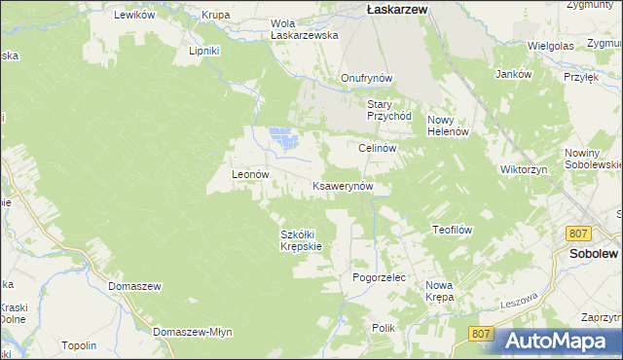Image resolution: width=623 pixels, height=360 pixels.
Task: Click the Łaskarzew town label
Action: coord(399,8)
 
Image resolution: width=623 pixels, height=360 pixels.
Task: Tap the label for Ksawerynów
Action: coord(342,185)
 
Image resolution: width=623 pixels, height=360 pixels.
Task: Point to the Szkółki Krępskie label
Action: coord(301,240)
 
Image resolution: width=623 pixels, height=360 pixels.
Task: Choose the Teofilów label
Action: coord(452,230)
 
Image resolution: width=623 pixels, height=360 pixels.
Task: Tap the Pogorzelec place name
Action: coord(378,277)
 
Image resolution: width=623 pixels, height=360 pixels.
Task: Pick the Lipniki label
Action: coord(204,51)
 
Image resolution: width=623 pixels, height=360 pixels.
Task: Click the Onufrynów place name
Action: coord(366,78)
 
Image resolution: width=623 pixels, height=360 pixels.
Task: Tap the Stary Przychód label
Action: coord(389,110)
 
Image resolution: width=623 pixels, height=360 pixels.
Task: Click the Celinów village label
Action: coord(376,148)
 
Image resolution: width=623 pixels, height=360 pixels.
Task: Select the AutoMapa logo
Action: coord(560,341)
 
